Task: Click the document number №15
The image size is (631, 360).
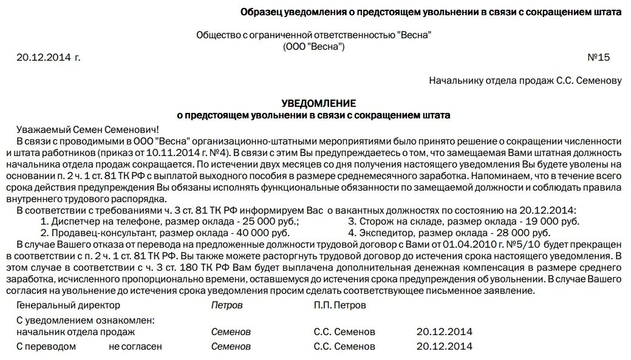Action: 598,58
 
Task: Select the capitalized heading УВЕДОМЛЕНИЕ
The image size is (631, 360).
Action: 319,103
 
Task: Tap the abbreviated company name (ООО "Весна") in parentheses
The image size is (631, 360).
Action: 313,47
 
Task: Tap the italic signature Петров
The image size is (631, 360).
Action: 227,305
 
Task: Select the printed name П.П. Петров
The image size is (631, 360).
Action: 340,305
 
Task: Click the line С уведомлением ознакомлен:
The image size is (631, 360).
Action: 86,321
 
